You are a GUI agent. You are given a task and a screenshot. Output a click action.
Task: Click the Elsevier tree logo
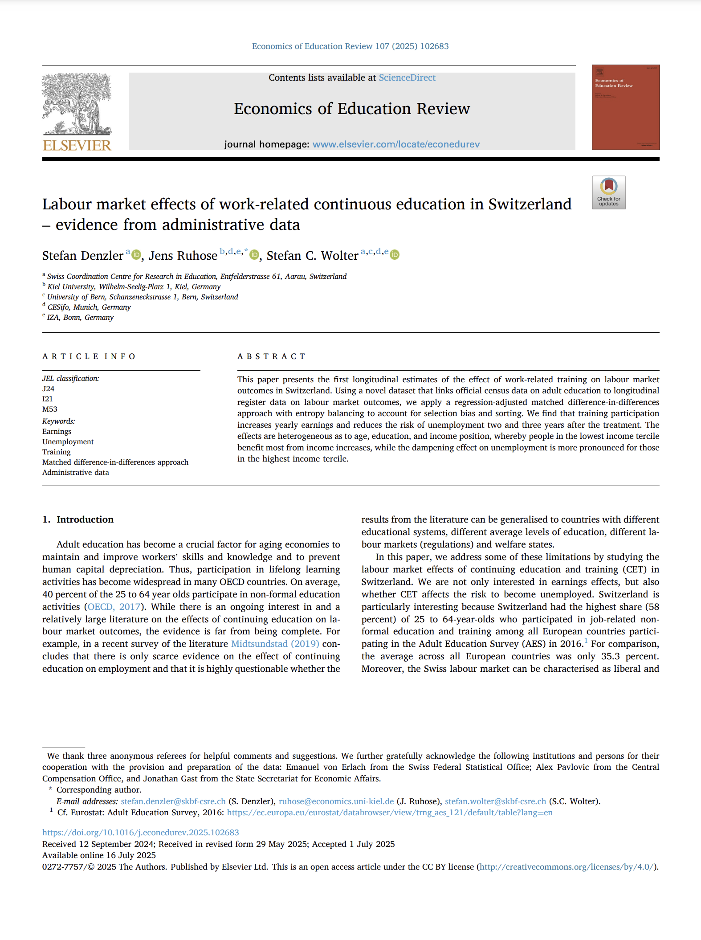point(77,105)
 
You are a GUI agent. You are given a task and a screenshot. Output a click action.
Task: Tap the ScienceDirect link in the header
point(407,78)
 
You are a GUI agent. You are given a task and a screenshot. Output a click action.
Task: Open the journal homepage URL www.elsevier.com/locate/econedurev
point(396,144)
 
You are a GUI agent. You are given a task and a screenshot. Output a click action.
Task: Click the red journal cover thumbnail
point(625,107)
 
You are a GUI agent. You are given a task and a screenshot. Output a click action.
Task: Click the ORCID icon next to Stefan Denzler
point(136,255)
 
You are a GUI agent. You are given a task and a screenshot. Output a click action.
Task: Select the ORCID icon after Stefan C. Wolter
point(395,255)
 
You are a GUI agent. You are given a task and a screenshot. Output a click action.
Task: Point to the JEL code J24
point(48,388)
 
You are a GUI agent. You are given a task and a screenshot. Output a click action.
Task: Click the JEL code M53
point(50,409)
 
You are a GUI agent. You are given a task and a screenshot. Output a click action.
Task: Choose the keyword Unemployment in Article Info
point(68,441)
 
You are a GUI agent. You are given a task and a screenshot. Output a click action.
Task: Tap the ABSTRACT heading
point(271,356)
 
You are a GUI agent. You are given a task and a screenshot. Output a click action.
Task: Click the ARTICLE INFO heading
point(89,356)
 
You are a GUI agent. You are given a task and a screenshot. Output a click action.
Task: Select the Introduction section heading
point(85,519)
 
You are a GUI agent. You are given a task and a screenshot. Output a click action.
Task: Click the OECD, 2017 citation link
point(114,607)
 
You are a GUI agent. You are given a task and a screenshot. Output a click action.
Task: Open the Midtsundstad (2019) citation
point(275,644)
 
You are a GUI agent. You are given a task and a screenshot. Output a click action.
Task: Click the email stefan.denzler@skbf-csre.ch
point(173,801)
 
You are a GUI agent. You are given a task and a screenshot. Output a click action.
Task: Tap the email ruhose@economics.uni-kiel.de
point(336,801)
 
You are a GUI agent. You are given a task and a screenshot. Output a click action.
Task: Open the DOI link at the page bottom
point(141,832)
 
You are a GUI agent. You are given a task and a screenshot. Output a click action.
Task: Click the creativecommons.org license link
point(567,866)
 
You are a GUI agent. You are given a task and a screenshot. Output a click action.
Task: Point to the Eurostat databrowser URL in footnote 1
point(390,812)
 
